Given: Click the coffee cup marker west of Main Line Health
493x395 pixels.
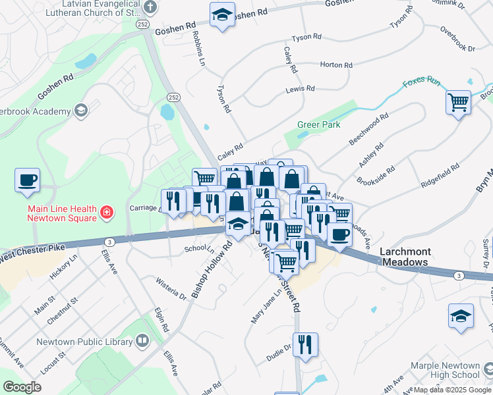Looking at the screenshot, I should point(27,180).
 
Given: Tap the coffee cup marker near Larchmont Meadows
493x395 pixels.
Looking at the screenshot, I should point(339,235).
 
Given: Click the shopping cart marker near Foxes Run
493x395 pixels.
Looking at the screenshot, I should point(458,103).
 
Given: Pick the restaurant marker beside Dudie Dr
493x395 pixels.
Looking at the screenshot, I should point(305,344).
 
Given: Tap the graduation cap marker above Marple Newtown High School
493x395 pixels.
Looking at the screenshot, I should point(461,316).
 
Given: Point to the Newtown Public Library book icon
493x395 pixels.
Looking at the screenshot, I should point(142,340).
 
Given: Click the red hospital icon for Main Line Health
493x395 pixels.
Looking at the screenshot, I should point(106,212).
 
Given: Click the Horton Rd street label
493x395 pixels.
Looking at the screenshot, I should point(336,65).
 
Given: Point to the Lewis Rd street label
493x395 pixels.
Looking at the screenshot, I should point(300,88).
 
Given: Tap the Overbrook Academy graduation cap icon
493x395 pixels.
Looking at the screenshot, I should point(81,111).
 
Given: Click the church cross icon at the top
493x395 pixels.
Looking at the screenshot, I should point(150,9).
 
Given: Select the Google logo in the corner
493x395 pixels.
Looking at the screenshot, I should point(22,387).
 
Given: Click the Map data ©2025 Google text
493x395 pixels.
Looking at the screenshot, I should point(452,390).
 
